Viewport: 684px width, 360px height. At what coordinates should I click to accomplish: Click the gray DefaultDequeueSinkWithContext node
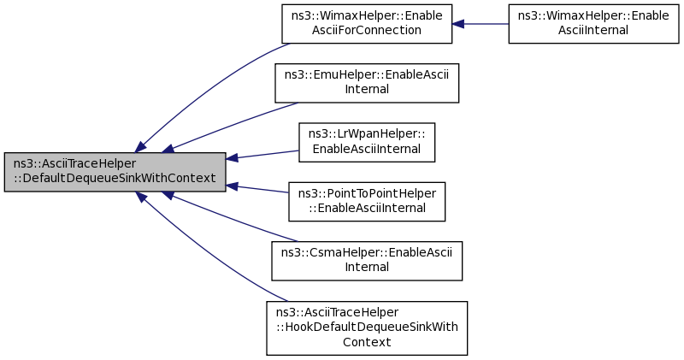click(115, 172)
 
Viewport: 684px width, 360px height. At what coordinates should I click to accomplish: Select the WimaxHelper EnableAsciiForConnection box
click(367, 24)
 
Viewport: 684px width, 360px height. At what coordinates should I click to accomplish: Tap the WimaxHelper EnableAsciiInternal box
click(593, 24)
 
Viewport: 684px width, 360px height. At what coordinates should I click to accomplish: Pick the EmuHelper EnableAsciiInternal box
click(367, 83)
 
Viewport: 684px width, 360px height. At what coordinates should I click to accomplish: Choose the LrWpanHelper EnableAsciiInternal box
click(367, 143)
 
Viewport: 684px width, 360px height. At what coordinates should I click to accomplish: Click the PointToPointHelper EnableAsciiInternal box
click(367, 202)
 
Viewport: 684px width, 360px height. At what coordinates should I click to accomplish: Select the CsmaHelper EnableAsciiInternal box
click(367, 261)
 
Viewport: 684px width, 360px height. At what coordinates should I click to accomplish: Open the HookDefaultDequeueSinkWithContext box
click(367, 328)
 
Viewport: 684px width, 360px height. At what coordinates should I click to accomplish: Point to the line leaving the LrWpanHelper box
click(262, 155)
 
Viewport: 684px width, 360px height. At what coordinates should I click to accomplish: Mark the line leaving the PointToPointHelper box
click(257, 189)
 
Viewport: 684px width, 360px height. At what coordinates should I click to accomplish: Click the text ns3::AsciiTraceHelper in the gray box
click(74, 164)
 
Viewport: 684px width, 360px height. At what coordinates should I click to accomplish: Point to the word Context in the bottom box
click(367, 342)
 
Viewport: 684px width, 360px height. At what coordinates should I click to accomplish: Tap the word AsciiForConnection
click(367, 31)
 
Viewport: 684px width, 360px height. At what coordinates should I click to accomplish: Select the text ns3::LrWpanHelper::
click(367, 133)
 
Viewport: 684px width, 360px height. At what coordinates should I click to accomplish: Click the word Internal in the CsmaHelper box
click(367, 267)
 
